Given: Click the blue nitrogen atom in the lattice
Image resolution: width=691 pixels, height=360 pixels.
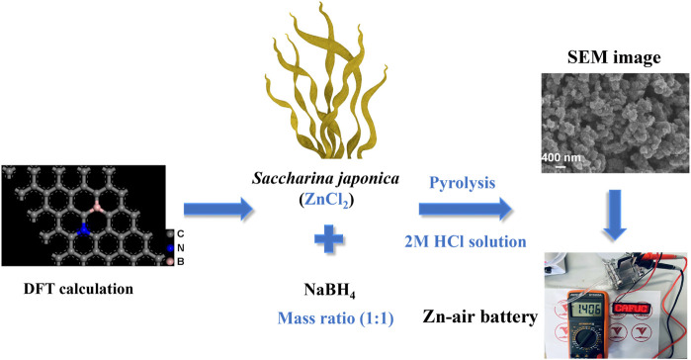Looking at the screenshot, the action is point(83,229).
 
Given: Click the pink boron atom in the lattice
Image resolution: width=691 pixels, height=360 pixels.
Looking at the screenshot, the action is point(98,207).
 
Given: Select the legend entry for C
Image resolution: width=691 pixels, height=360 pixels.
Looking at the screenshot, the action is point(175,234).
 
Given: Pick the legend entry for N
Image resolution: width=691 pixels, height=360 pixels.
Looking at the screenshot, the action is point(175,248).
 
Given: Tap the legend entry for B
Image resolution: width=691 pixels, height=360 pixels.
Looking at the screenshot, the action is point(175,262).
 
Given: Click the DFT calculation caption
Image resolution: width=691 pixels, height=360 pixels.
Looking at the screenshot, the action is point(78,289).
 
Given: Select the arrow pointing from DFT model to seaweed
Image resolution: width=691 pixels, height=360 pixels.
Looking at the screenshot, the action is point(218,209).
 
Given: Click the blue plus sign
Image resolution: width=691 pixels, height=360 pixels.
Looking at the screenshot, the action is point(329,239).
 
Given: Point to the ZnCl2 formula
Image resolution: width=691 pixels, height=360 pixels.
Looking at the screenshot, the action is point(326,201).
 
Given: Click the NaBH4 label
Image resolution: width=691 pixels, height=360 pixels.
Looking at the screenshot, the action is point(329,291).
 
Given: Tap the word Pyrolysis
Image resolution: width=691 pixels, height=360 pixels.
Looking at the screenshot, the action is point(463,183).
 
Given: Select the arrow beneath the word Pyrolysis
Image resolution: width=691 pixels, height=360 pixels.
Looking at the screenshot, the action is point(465,209).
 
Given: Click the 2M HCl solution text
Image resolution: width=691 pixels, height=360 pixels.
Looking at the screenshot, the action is point(466,241).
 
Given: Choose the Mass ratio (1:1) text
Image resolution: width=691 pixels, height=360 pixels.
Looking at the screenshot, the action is point(335,318).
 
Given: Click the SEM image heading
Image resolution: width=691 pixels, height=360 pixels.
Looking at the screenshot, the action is point(614,57).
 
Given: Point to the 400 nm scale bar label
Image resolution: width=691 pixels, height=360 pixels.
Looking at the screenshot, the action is point(561,157).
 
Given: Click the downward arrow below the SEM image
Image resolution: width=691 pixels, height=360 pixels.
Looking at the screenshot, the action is point(614,215).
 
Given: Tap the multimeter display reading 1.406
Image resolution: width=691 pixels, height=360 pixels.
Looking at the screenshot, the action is point(588,309).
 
